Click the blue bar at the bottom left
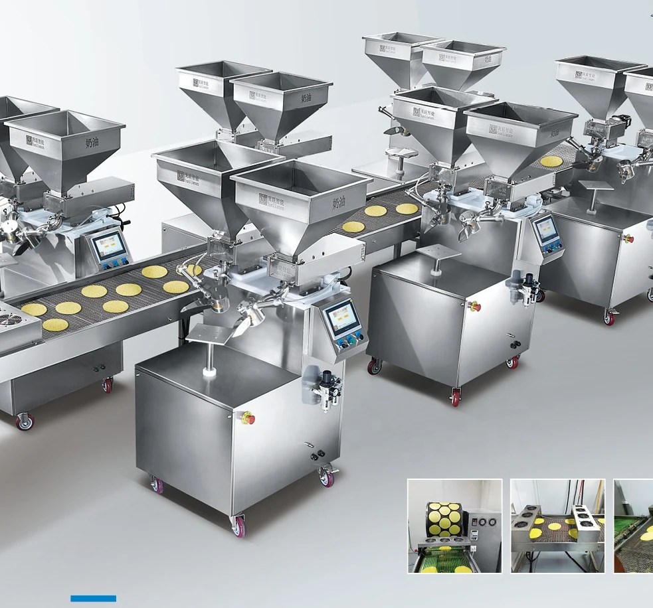[x=93, y=599]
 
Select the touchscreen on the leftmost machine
[x=108, y=246]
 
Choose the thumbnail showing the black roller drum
[x=454, y=526]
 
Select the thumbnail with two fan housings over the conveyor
[x=558, y=526]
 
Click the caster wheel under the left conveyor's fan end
[x=25, y=421]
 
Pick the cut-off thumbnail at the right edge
[x=633, y=526]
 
